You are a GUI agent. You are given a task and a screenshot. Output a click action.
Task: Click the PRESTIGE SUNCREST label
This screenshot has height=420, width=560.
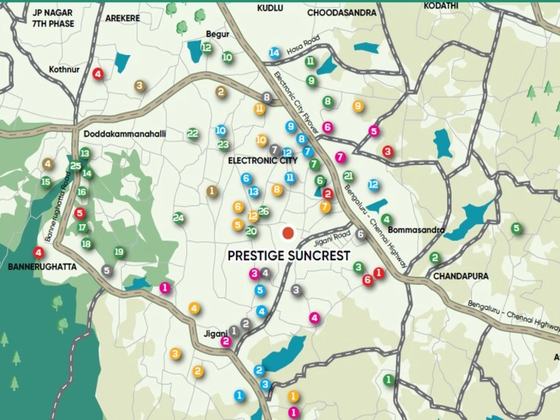(x=288, y=256)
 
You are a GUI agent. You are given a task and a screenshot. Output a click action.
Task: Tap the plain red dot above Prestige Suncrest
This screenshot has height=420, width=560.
(x=287, y=232)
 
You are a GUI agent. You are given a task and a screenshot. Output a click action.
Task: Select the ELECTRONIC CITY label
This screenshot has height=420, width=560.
(x=262, y=160)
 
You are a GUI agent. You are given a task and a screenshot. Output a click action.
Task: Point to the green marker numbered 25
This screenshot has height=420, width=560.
(x=76, y=165)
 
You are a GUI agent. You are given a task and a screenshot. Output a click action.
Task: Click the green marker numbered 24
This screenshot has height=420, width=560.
(x=179, y=218)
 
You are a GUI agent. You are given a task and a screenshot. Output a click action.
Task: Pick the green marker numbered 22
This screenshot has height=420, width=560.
(x=193, y=133)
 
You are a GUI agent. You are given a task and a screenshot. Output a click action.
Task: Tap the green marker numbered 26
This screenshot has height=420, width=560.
(x=263, y=211)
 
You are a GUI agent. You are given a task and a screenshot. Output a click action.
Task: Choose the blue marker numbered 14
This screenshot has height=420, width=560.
(x=274, y=53)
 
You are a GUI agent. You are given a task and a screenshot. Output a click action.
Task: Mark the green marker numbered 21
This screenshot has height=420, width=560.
(x=348, y=176)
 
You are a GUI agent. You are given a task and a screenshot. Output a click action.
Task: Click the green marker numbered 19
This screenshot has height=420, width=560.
(x=119, y=252)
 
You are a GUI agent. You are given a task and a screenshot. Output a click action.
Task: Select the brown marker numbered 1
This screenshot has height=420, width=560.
(x=212, y=190)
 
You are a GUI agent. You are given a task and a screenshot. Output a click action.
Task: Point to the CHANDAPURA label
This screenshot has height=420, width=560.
(x=460, y=276)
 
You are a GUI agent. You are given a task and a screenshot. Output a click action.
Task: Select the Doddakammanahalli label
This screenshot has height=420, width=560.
(x=123, y=134)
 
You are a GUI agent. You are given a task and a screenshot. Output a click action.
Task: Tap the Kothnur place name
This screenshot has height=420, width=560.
(x=66, y=69)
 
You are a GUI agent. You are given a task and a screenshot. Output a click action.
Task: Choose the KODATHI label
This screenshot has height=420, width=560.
(x=441, y=6)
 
